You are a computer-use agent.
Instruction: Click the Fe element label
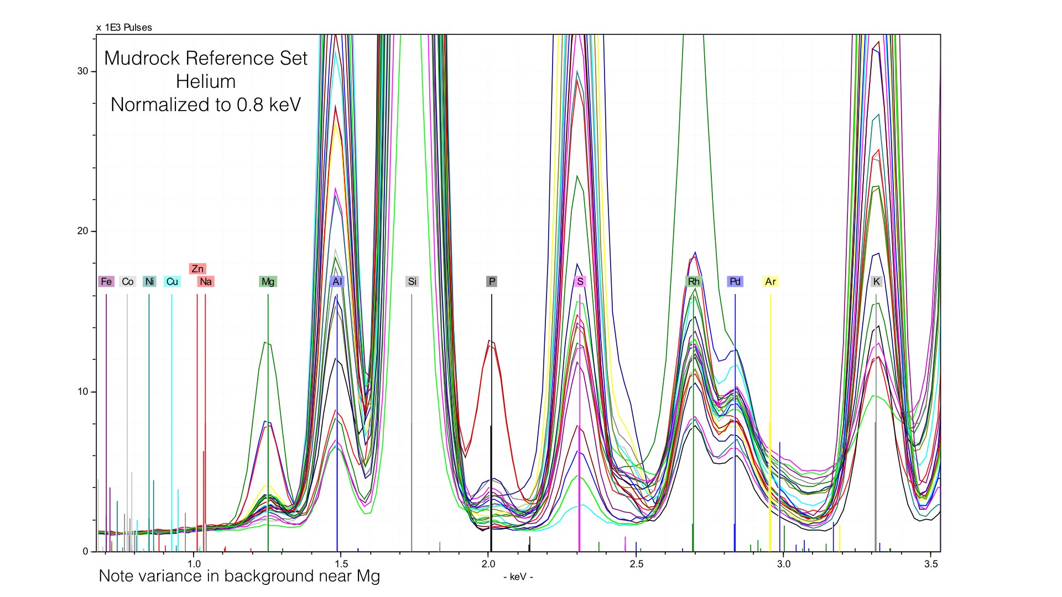tap(106, 281)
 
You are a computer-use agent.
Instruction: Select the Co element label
tap(128, 281)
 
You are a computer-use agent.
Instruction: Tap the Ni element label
tap(149, 281)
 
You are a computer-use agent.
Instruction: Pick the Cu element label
tap(172, 281)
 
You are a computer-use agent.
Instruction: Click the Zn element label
tap(197, 269)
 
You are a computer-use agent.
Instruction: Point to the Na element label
tap(206, 281)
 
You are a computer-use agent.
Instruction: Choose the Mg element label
tap(268, 281)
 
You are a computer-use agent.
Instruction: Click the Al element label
tap(337, 281)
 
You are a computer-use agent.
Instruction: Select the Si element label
tap(412, 281)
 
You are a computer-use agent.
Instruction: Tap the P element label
tap(492, 281)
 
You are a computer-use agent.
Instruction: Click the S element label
tap(580, 281)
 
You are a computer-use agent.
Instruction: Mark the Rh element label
tap(694, 281)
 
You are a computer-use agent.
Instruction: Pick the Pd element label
tap(735, 281)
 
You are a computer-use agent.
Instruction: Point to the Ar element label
tap(771, 281)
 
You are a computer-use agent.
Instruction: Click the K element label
tap(876, 281)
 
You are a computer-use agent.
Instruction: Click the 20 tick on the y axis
tap(83, 231)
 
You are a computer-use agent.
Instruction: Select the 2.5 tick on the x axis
tap(636, 564)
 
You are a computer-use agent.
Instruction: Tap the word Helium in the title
tap(206, 81)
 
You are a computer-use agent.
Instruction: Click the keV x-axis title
tap(518, 577)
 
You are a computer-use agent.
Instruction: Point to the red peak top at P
tap(491, 341)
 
